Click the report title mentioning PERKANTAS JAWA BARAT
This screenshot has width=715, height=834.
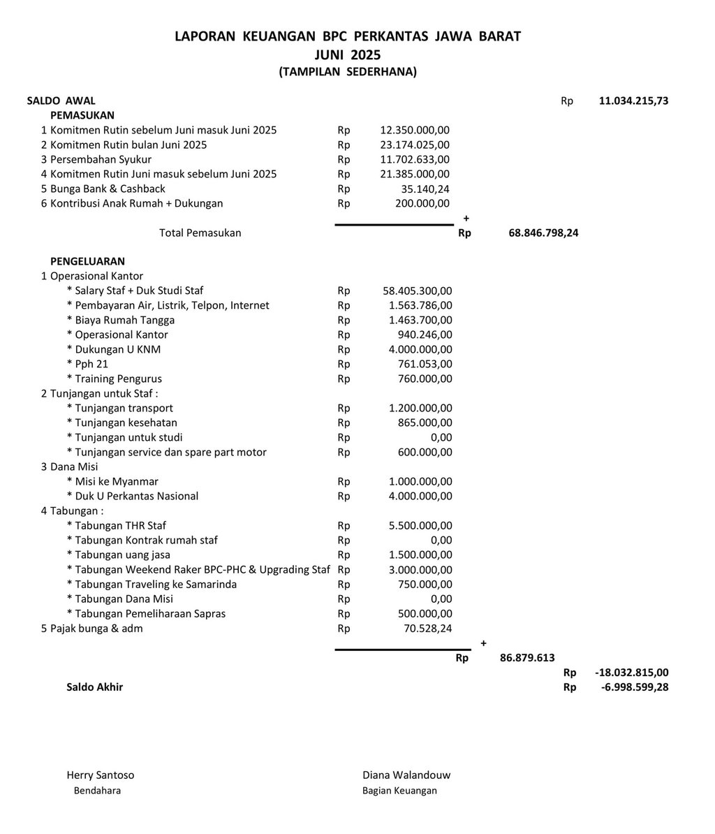347,36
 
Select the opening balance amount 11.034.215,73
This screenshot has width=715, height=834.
633,101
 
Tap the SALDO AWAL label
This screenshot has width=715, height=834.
61,101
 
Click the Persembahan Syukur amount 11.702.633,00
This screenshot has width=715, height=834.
414,159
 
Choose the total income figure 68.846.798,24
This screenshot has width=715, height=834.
543,233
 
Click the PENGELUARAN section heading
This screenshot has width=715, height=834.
87,261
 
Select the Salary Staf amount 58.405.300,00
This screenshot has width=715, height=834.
417,291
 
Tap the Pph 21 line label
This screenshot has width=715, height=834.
87,364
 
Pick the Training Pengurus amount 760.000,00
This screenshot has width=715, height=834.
420,379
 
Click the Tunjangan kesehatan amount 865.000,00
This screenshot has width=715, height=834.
420,423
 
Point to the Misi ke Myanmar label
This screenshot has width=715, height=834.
112,481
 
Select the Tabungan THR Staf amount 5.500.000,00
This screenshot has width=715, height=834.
420,525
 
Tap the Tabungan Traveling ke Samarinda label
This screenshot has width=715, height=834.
152,584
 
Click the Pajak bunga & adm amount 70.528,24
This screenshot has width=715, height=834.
425,628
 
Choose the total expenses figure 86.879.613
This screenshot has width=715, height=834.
527,657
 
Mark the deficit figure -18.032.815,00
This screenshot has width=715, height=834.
631,672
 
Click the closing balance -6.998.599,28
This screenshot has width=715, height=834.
633,687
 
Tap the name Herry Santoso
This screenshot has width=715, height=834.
100,775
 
